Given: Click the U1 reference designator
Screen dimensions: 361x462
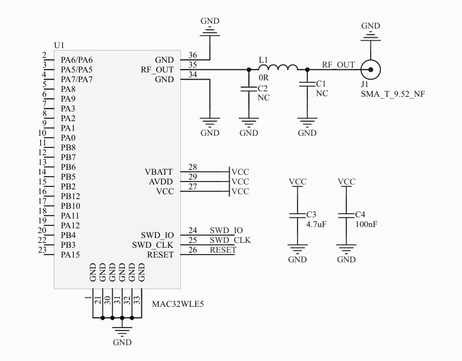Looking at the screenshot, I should pos(59,46).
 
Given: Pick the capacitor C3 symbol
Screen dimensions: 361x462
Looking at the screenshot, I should pos(297,216).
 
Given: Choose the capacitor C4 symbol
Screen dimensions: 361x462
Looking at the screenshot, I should pos(346,216).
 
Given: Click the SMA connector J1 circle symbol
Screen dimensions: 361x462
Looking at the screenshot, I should pos(370,69).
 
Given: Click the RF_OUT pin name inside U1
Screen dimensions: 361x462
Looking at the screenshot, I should pos(157,70).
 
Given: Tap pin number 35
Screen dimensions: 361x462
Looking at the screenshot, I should pos(193,65).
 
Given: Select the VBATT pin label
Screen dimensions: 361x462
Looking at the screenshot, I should pos(159,172).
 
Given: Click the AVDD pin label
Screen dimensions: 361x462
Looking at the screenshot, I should pos(161,182).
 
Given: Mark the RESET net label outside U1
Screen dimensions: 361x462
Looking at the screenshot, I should pos(223,250).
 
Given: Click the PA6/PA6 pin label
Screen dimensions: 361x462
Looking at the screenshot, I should pos(77,60).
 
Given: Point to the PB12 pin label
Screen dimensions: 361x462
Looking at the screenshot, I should pos(70,196).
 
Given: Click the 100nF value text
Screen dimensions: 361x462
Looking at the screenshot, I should pos(366,225).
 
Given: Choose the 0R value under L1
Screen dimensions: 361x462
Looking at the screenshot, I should pos(264,79).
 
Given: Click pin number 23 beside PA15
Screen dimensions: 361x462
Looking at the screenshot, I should pos(42,250).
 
